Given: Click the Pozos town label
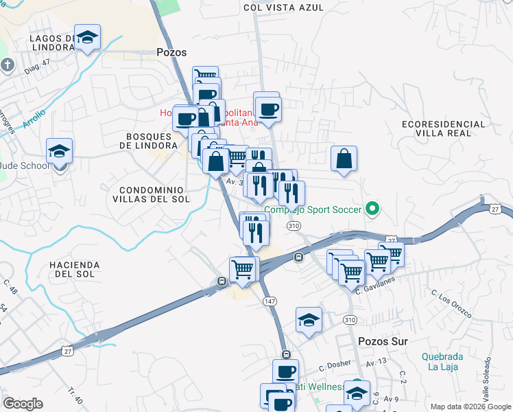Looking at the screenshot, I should [x=171, y=52].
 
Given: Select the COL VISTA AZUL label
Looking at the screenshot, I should [x=283, y=7].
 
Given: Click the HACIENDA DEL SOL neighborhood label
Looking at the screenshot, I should [x=75, y=269].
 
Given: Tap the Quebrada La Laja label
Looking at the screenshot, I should [x=442, y=361].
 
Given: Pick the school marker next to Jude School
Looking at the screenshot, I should [x=60, y=151].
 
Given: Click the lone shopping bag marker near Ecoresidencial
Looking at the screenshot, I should [x=344, y=158].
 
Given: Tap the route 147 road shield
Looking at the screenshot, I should [x=269, y=301].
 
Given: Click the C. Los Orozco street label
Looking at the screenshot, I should [x=451, y=303].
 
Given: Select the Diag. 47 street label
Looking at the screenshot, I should [x=37, y=62].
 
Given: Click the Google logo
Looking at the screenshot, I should [x=23, y=404].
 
